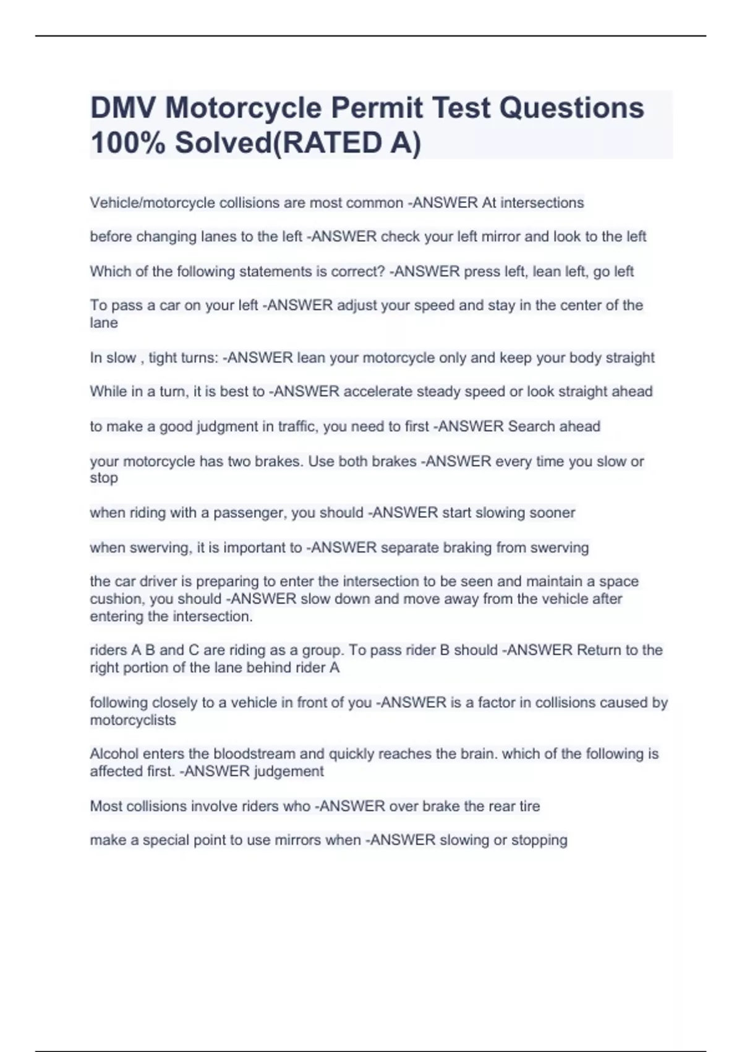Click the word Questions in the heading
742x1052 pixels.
tap(571, 108)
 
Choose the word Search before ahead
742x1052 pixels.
tap(531, 426)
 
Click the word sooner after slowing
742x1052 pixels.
tap(553, 513)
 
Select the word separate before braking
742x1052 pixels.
tap(410, 548)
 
